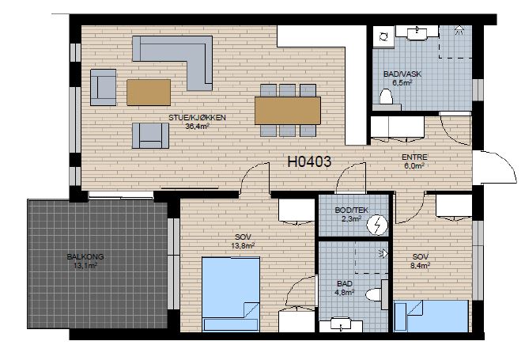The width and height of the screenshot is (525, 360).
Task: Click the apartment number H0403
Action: pyautogui.click(x=309, y=161)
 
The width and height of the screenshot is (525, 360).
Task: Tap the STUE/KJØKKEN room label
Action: pyautogui.click(x=197, y=118)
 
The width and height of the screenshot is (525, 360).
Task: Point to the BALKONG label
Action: pyautogui.click(x=85, y=257)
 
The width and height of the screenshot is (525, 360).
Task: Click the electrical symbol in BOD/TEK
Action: pyautogui.click(x=377, y=225)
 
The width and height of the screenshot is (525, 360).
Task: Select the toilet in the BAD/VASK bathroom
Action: pyautogui.click(x=386, y=97)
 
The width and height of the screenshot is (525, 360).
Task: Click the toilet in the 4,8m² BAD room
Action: pyautogui.click(x=374, y=295)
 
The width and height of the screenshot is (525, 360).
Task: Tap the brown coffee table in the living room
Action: pyautogui.click(x=149, y=93)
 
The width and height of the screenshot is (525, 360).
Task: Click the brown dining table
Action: pyautogui.click(x=288, y=111)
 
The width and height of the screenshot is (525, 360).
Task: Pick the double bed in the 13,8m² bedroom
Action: pyautogui.click(x=231, y=294)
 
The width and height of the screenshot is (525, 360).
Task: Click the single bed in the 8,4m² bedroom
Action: pyautogui.click(x=431, y=316)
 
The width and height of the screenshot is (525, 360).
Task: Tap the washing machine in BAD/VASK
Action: pyautogui.click(x=383, y=37)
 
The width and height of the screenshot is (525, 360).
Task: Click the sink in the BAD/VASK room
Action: pyautogui.click(x=417, y=32)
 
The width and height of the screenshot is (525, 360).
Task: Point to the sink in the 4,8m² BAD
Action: pyautogui.click(x=341, y=324)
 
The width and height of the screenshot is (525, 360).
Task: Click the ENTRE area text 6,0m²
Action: pyautogui.click(x=414, y=165)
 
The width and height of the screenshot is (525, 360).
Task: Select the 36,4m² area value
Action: pyautogui.click(x=197, y=126)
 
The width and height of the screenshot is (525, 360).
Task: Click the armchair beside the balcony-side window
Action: pyautogui.click(x=103, y=88)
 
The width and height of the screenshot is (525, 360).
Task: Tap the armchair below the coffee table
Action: pyautogui.click(x=150, y=135)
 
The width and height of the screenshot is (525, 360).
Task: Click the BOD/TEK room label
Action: pyautogui.click(x=351, y=210)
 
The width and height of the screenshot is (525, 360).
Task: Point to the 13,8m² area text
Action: pyautogui.click(x=243, y=246)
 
